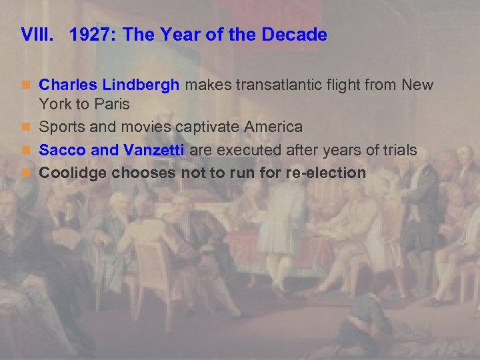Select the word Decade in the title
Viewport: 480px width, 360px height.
297,35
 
